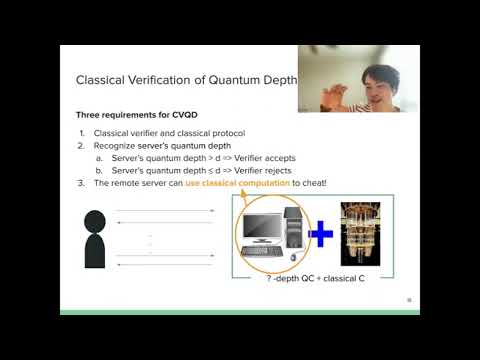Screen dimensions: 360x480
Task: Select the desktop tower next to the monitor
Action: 294,230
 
